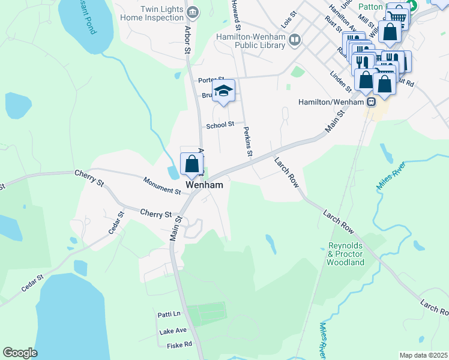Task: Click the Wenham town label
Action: pyautogui.click(x=205, y=185)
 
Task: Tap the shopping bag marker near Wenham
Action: pyautogui.click(x=191, y=164)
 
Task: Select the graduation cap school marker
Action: pyautogui.click(x=224, y=91)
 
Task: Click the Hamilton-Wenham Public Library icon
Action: pyautogui.click(x=294, y=41)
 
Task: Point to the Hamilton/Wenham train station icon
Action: pyautogui.click(x=372, y=102)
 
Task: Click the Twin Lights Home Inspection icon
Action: pyautogui.click(x=193, y=12)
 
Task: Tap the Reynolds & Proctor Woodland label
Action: pyautogui.click(x=346, y=254)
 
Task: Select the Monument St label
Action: pyautogui.click(x=162, y=185)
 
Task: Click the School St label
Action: pyautogui.click(x=220, y=125)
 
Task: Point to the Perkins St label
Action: pyautogui.click(x=247, y=142)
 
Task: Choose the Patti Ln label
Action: pyautogui.click(x=169, y=314)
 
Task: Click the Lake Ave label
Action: pyautogui.click(x=173, y=331)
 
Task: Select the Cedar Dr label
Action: pyautogui.click(x=115, y=223)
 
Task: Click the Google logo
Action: pyautogui.click(x=20, y=353)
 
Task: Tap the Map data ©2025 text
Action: pyautogui.click(x=423, y=355)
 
